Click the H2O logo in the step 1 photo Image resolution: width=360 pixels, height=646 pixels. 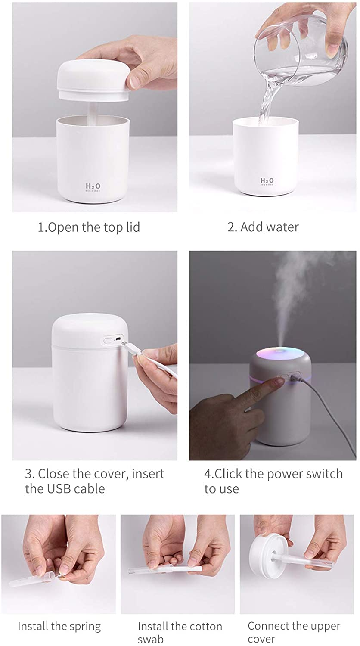(93, 186)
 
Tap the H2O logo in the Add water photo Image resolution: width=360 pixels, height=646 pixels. (267, 180)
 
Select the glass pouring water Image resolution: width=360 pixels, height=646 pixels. (301, 47)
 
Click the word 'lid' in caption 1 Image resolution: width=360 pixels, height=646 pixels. (132, 227)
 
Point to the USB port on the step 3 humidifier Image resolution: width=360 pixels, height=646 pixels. (118, 339)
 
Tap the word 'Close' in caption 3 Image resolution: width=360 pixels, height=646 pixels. (53, 474)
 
